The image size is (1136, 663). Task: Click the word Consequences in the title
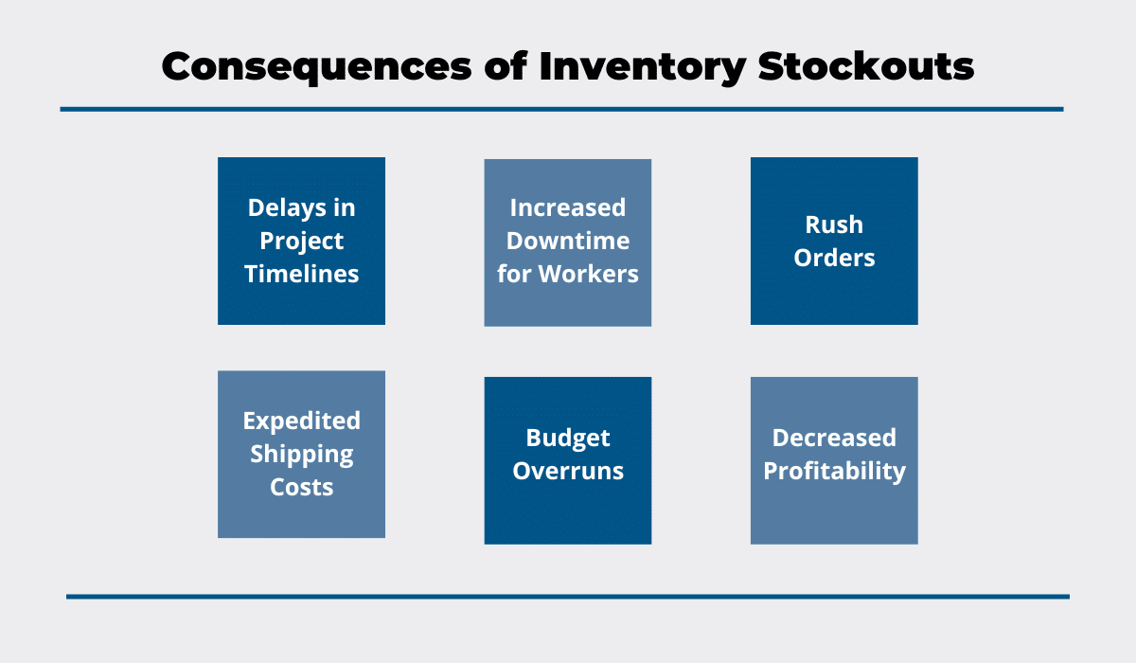click(x=316, y=67)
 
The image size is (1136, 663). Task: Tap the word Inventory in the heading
click(x=643, y=67)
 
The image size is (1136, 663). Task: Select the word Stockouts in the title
click(x=865, y=66)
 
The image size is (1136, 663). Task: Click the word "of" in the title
click(x=506, y=65)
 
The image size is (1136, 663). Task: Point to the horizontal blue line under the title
click(x=562, y=109)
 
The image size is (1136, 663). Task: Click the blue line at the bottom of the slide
click(x=568, y=597)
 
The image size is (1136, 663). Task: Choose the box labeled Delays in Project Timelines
click(x=301, y=241)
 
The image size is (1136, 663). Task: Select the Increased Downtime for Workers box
click(x=567, y=242)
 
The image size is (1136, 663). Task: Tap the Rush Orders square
click(x=834, y=241)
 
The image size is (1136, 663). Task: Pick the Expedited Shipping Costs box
click(x=301, y=454)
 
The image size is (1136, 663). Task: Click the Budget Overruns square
click(x=567, y=460)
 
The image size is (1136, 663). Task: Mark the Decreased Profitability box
click(x=834, y=460)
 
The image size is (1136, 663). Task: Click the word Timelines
click(x=301, y=274)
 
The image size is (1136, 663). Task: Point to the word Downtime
click(x=567, y=241)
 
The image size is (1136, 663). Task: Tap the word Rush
click(x=834, y=224)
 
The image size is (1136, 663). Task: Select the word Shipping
click(x=301, y=455)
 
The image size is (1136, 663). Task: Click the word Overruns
click(x=567, y=472)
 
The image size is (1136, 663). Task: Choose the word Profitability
click(x=834, y=472)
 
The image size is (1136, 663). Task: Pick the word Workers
click(x=588, y=274)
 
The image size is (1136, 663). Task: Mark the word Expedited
click(x=301, y=421)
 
